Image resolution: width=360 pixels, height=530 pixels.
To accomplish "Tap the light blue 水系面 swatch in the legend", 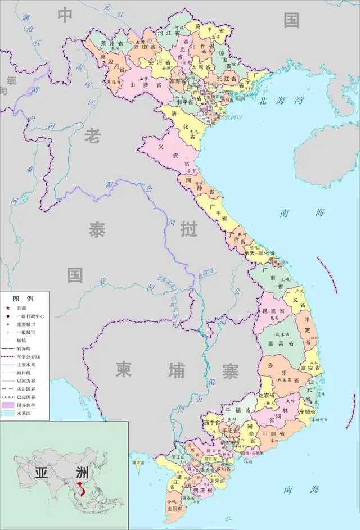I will (8, 413).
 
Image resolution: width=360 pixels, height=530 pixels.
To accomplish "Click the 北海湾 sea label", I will (281, 101).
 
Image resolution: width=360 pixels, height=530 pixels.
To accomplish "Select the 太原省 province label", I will (201, 66).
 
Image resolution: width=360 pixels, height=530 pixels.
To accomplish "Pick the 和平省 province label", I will (185, 102).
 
